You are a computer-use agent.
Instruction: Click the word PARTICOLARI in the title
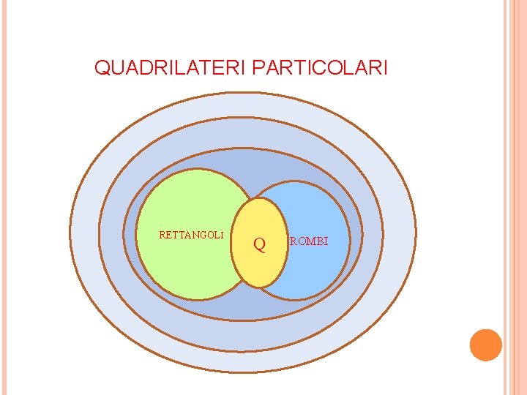(320, 69)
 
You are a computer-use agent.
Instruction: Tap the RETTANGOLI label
(191, 235)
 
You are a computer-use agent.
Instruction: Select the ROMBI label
(309, 241)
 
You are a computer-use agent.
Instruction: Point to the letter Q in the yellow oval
(259, 244)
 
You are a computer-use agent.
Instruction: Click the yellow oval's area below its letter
(261, 271)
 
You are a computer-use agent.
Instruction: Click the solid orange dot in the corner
(485, 345)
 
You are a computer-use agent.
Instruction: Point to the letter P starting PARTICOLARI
(257, 69)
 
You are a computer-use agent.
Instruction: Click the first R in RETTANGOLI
(162, 235)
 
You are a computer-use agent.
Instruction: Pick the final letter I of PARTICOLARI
(385, 69)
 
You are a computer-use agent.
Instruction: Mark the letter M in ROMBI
(309, 241)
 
